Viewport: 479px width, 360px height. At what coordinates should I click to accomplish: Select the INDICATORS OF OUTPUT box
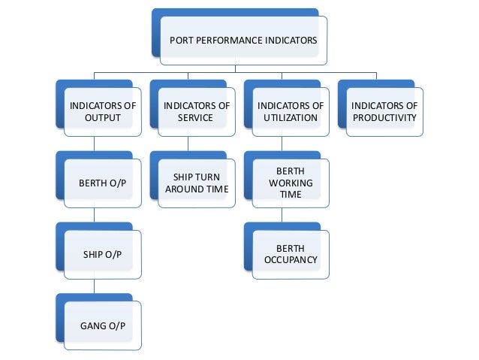click(102, 111)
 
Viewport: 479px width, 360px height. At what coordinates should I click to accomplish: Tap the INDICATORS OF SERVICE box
click(196, 111)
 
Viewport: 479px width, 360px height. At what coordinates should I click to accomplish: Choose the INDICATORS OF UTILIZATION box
click(290, 111)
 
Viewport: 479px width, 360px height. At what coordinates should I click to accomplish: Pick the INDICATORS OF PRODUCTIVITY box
click(384, 111)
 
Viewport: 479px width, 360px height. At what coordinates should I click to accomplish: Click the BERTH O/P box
click(102, 183)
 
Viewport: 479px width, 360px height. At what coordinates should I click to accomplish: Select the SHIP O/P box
click(102, 254)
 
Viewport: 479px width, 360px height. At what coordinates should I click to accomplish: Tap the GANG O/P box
click(102, 325)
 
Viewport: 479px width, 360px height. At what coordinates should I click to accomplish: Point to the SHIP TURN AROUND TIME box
click(196, 183)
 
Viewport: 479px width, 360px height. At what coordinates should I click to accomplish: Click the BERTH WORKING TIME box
click(290, 183)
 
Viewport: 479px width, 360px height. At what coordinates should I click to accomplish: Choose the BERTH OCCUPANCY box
click(290, 254)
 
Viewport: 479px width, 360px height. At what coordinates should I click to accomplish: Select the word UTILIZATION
click(291, 118)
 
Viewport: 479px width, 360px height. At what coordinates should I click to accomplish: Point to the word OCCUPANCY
click(291, 261)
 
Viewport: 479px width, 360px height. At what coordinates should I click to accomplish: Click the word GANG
click(92, 325)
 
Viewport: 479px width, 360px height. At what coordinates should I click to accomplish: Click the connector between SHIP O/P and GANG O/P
click(93, 287)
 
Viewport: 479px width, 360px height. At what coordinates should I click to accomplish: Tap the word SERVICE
click(196, 118)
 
